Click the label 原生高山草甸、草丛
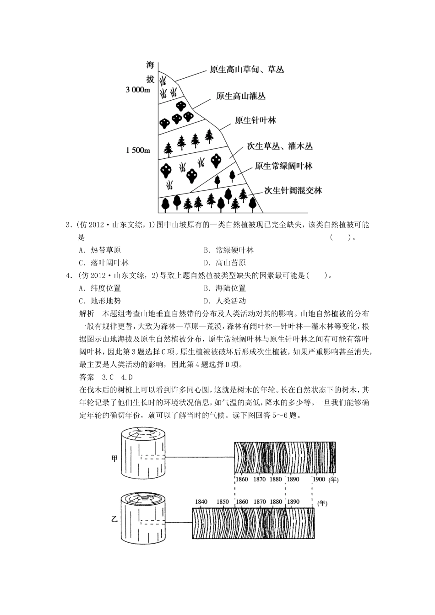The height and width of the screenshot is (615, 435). click(x=246, y=70)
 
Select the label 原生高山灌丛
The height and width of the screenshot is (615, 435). click(x=240, y=96)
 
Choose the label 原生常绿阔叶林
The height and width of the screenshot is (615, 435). click(x=283, y=166)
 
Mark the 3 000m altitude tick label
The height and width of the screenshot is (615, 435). click(x=138, y=90)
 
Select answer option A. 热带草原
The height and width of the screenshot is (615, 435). click(x=100, y=250)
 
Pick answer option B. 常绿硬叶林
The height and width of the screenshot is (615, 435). click(x=228, y=250)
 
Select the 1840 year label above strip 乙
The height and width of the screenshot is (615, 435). click(x=201, y=502)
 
